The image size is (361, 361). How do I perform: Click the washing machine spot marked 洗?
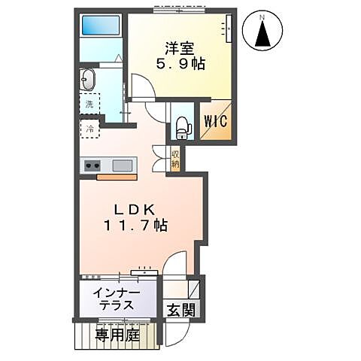point(89,105)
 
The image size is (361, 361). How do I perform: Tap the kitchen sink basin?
point(122,165)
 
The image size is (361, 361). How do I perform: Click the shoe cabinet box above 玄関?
point(193,290)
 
